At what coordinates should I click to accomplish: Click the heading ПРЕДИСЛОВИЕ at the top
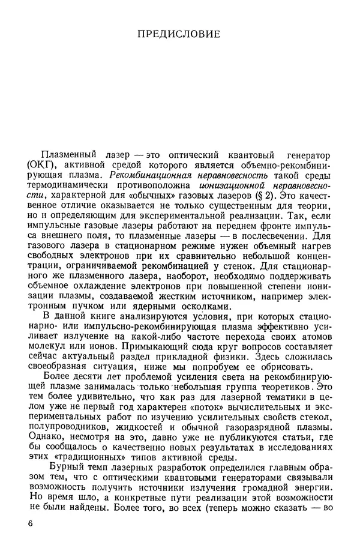pyautogui.click(x=179, y=34)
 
